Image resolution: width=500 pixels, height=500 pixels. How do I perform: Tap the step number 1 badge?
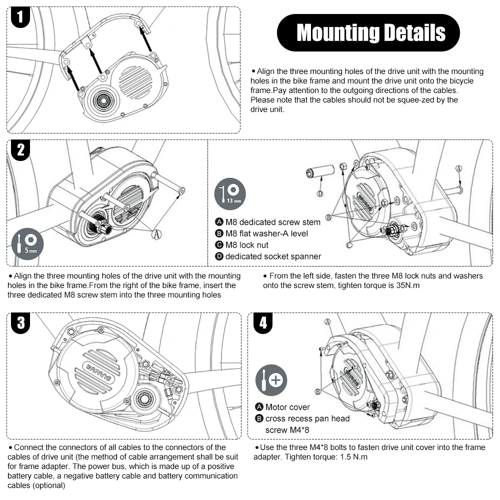coord(20,18)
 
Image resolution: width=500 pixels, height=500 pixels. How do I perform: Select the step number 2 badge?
coord(20,151)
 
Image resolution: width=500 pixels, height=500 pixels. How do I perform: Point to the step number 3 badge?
coord(20,323)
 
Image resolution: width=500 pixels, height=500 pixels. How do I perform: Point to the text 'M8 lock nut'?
coord(246,245)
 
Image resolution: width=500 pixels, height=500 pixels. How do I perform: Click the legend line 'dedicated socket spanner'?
coord(272,256)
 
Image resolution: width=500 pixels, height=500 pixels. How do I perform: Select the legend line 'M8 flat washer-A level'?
coord(266,233)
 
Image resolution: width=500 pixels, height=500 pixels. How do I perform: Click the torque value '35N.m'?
coord(408,285)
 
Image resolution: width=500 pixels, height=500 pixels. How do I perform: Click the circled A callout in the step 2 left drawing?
coord(156,234)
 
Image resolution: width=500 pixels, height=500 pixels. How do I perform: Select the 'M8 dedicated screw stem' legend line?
coord(272,222)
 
